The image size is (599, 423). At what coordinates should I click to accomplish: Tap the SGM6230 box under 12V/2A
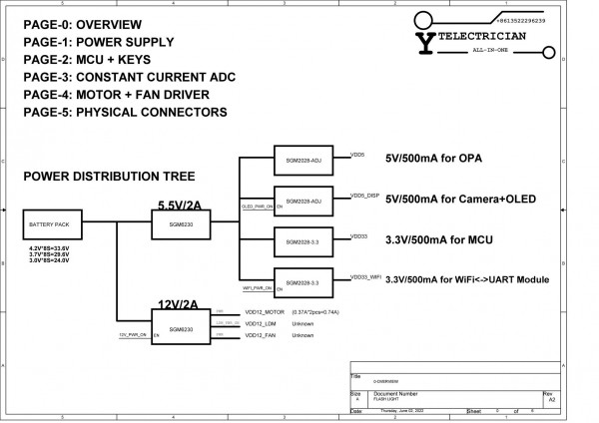click(x=182, y=328)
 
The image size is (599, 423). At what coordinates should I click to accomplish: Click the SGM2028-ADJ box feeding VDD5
click(x=303, y=160)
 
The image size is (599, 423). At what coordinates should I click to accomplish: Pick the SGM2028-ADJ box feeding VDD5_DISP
click(x=303, y=201)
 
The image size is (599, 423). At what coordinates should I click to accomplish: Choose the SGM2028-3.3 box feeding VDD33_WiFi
click(x=303, y=283)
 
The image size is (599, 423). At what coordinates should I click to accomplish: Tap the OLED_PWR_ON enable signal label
click(x=257, y=207)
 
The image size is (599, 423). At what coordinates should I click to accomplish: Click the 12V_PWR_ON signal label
click(x=132, y=335)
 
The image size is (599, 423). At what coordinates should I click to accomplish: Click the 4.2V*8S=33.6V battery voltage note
click(x=49, y=247)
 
